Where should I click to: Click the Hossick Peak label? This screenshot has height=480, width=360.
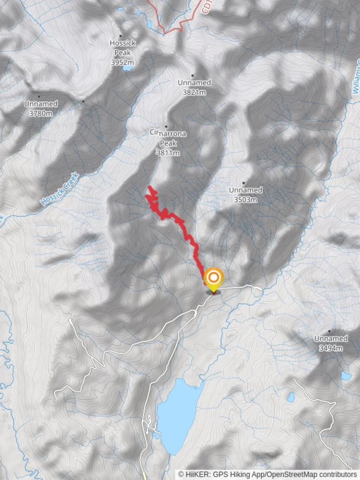pos(123,47)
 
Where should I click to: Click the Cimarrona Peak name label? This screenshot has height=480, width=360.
pos(168,137)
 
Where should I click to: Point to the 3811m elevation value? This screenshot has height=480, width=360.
pos(168,153)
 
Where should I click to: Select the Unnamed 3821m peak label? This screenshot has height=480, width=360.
pos(194,88)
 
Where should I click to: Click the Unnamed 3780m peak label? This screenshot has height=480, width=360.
pos(40,108)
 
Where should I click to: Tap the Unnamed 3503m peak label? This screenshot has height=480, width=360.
pos(245,195)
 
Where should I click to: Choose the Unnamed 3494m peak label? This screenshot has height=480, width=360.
pos(331,343)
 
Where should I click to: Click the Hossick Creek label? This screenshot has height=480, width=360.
pos(60,189)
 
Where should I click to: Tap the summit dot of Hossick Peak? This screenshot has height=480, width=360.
pos(120,36)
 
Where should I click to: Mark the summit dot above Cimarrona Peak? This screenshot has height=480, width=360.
pos(167,127)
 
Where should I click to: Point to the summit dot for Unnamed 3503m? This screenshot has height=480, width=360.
pos(244,183)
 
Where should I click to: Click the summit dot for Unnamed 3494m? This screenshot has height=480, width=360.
pos(329,331)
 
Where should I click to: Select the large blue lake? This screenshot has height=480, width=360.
pos(178,413)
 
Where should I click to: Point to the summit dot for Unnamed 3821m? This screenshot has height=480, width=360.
pos(192,76)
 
